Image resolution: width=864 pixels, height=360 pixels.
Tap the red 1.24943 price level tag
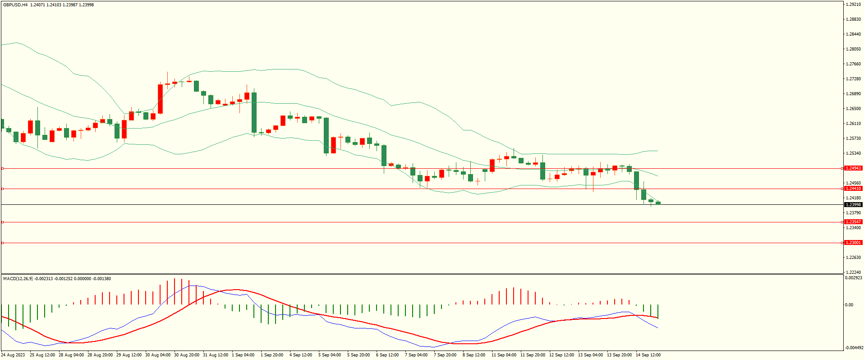(853, 168)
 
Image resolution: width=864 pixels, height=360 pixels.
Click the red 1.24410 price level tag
(853, 189)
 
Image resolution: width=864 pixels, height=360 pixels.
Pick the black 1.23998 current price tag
(853, 205)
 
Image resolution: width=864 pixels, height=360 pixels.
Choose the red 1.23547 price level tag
(853, 222)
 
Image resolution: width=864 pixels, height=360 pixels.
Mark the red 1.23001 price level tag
(853, 243)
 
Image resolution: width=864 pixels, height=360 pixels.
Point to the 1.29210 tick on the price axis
(853, 5)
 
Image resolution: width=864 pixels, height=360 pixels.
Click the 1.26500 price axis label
(853, 109)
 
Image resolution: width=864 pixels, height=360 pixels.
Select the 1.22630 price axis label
(853, 258)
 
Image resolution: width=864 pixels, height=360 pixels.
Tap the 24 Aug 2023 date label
(13, 355)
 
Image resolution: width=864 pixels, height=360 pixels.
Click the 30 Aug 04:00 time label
(158, 355)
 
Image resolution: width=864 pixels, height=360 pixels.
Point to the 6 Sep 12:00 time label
(387, 355)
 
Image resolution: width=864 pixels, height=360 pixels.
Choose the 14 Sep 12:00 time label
(648, 355)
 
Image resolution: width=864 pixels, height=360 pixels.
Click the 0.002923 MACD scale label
(853, 278)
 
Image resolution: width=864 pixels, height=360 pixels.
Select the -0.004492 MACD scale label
(853, 347)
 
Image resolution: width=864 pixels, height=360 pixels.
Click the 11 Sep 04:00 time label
(504, 355)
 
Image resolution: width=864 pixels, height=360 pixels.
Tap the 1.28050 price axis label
(853, 49)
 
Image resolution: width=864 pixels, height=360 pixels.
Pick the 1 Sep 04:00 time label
(243, 355)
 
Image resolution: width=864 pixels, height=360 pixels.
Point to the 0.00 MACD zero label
(849, 305)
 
